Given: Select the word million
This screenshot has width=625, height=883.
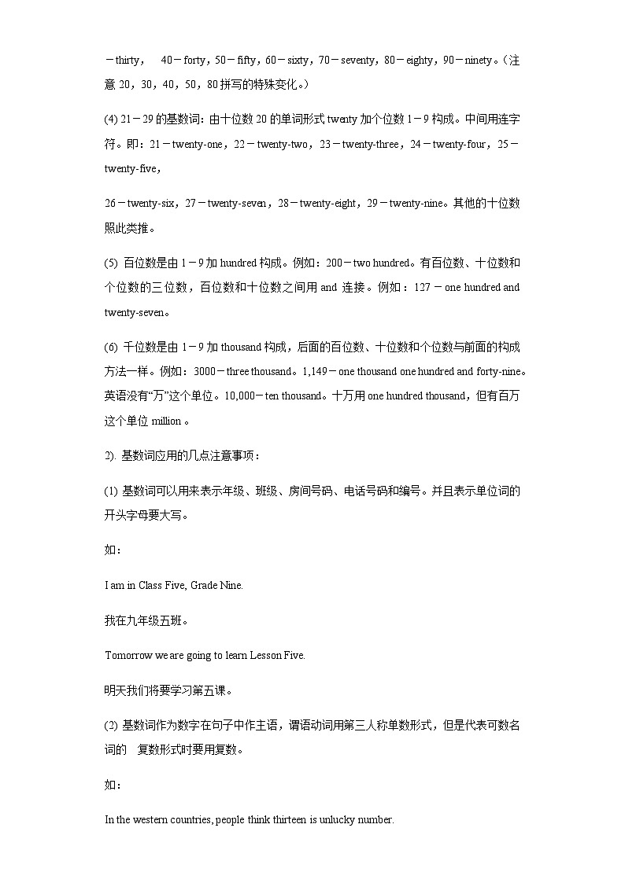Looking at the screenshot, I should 165,421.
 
